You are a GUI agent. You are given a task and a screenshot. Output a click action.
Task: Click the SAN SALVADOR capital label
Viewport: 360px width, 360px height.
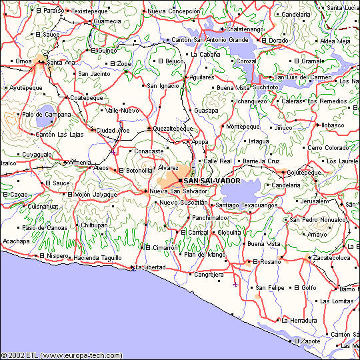click(212, 181)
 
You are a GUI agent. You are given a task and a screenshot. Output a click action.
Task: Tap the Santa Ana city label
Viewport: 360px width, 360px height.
click(61, 63)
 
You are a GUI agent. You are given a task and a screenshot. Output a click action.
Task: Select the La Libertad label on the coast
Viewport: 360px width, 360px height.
click(150, 267)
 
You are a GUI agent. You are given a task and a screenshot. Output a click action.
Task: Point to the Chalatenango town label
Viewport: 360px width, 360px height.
click(245, 29)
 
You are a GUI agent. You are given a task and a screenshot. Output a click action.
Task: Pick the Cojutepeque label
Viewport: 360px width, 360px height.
click(303, 171)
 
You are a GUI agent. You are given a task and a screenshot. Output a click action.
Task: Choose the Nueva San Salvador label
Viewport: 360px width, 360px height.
click(178, 191)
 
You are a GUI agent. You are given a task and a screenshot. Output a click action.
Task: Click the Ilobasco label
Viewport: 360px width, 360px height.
click(332, 125)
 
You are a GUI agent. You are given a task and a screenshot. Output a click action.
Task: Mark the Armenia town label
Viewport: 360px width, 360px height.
click(81, 162)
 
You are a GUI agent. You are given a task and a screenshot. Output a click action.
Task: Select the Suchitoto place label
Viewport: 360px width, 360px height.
click(265, 87)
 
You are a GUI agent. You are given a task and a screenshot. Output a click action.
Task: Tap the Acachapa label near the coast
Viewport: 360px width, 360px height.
click(16, 241)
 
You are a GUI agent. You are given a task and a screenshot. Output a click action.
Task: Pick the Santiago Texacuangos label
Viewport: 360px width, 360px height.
click(247, 205)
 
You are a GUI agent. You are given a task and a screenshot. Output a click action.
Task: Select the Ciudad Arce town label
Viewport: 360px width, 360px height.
click(113, 130)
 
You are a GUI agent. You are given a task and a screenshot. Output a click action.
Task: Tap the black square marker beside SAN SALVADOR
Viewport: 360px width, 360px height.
click(180, 181)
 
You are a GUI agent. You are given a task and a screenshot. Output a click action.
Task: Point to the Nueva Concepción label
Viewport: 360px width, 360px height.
click(173, 11)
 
